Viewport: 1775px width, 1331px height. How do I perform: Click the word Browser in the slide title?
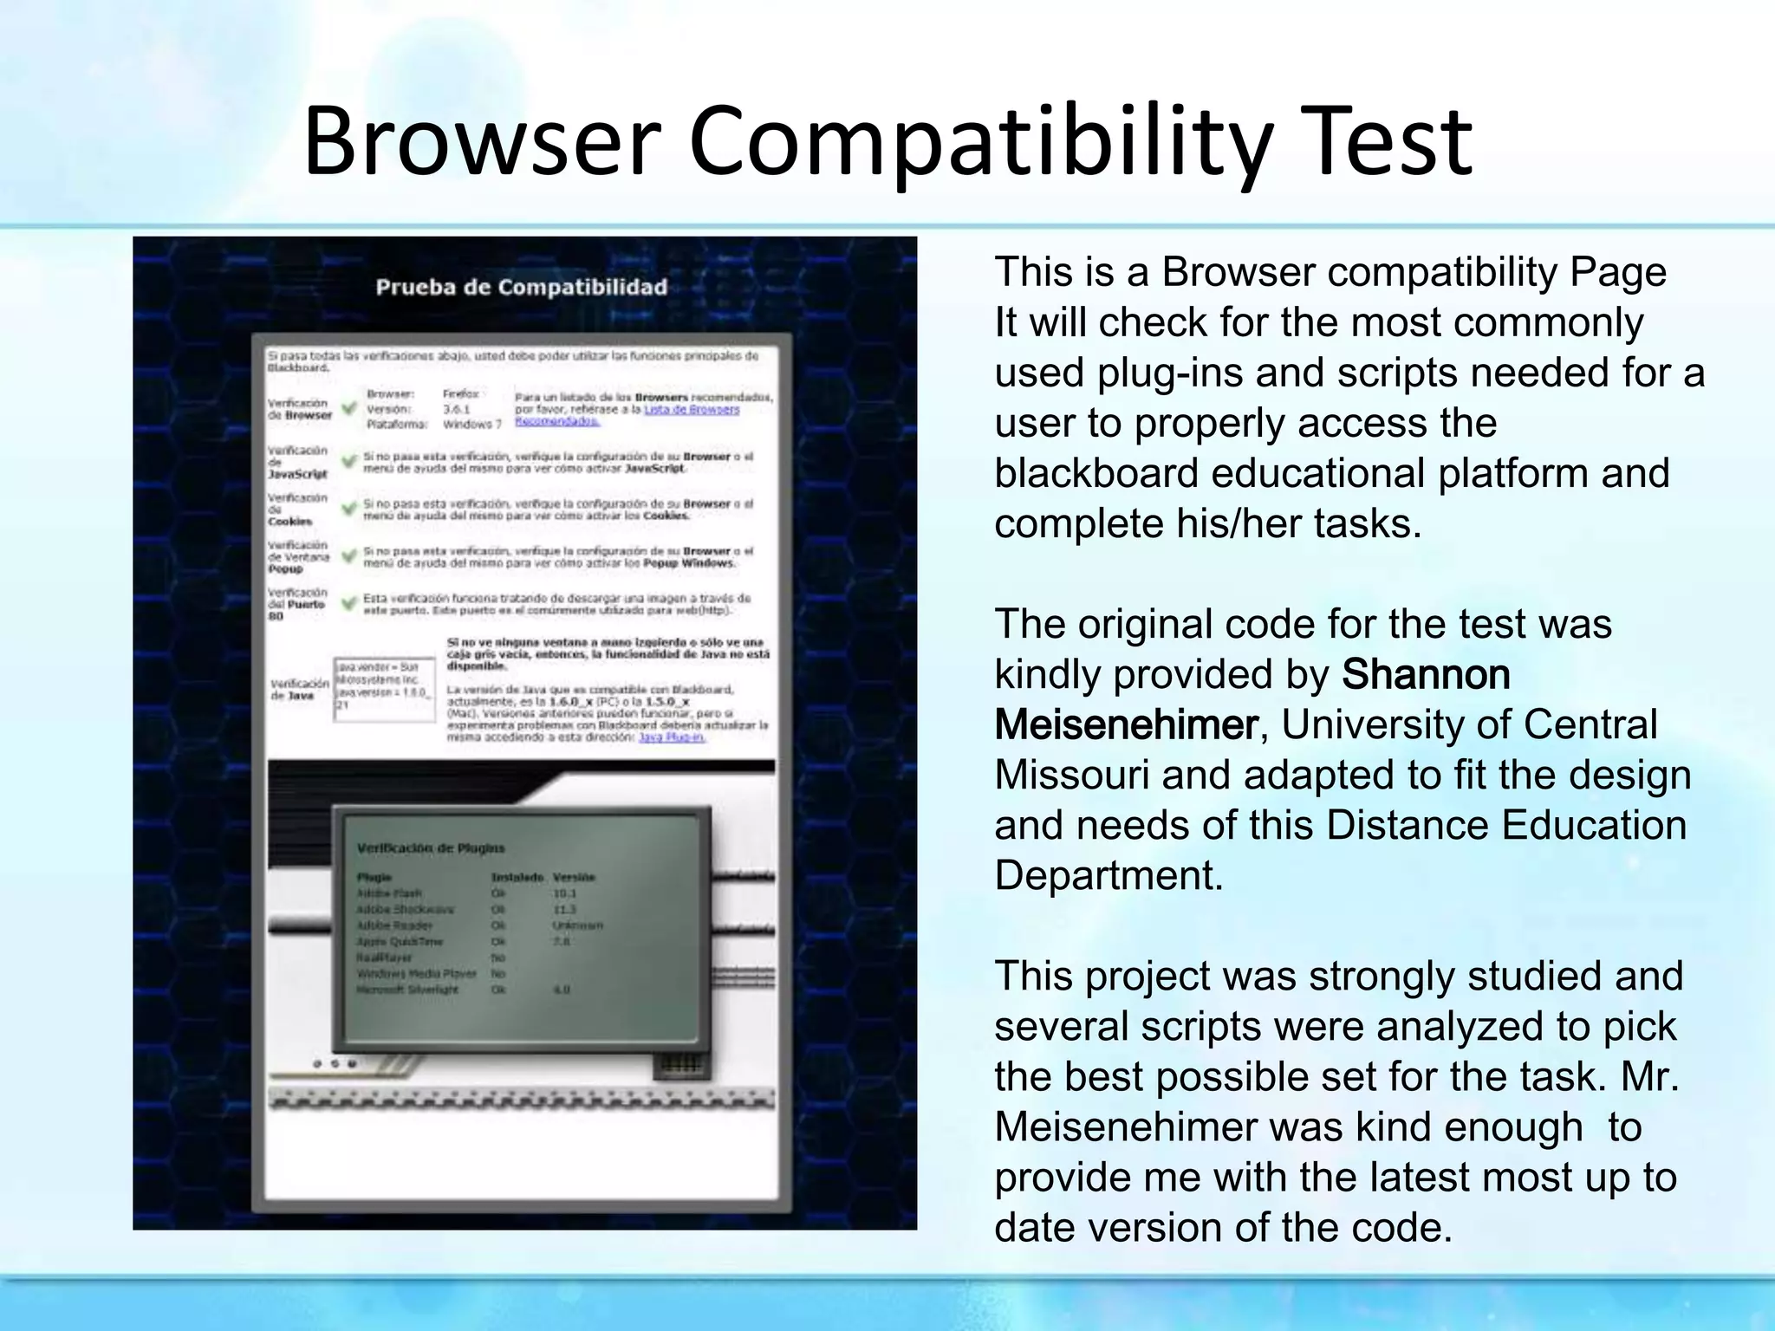coord(482,140)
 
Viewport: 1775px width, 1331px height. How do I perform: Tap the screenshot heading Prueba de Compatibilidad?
coord(522,287)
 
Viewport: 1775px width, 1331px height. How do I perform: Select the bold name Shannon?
coord(1426,674)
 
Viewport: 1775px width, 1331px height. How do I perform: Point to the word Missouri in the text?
coord(1071,775)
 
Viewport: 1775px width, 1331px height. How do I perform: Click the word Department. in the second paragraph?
coord(1109,875)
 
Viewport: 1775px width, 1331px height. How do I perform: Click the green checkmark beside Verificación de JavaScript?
coord(348,461)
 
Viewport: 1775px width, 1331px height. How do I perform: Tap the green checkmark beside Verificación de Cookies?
coord(348,509)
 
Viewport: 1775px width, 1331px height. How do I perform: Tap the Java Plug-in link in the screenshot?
coord(672,737)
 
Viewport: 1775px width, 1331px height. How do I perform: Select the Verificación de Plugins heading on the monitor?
coord(431,847)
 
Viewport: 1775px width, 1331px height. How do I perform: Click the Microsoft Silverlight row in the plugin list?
coord(407,990)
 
